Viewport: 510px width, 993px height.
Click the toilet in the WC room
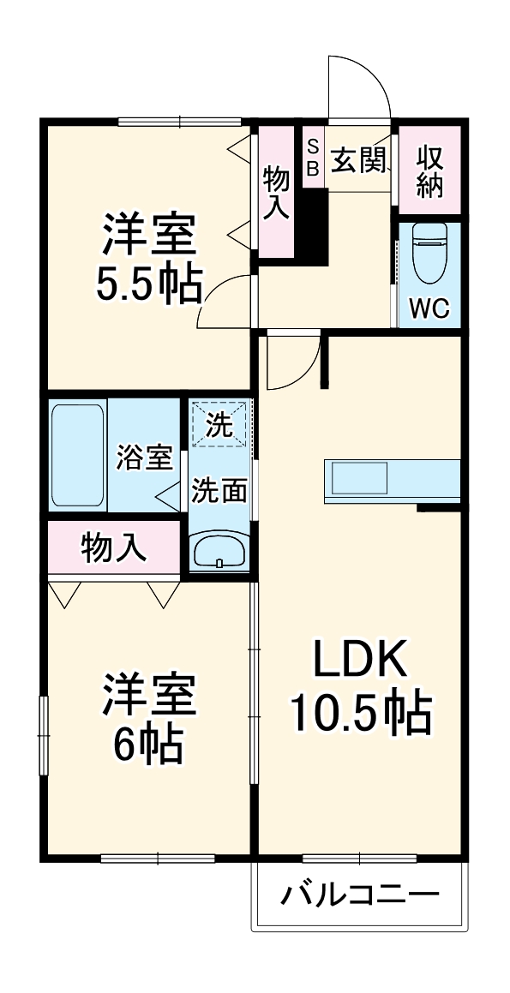pos(429,252)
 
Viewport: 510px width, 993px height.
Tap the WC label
pos(429,308)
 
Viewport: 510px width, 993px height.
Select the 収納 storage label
pos(429,171)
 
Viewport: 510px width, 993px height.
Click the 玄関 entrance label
pos(358,159)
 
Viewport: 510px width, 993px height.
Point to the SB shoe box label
pos(313,158)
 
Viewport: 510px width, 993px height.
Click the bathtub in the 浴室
pos(78,454)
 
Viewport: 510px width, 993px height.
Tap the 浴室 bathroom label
pos(144,458)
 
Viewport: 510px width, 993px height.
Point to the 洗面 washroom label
pos(219,490)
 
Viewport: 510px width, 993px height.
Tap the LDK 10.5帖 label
pos(360,685)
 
